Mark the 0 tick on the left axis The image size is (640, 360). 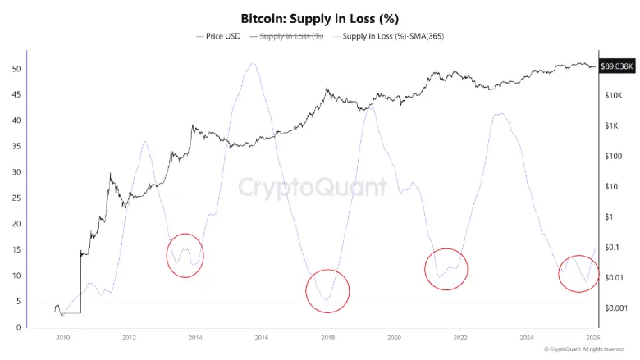coord(17,327)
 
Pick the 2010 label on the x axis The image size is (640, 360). coord(62,337)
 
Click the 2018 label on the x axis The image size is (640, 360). coord(327,337)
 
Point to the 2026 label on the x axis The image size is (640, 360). coord(593,337)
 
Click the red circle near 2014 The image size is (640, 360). coord(185,254)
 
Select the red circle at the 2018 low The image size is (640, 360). coord(327,290)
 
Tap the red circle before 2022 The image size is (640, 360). coord(446,268)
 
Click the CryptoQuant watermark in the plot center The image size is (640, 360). coord(313,186)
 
